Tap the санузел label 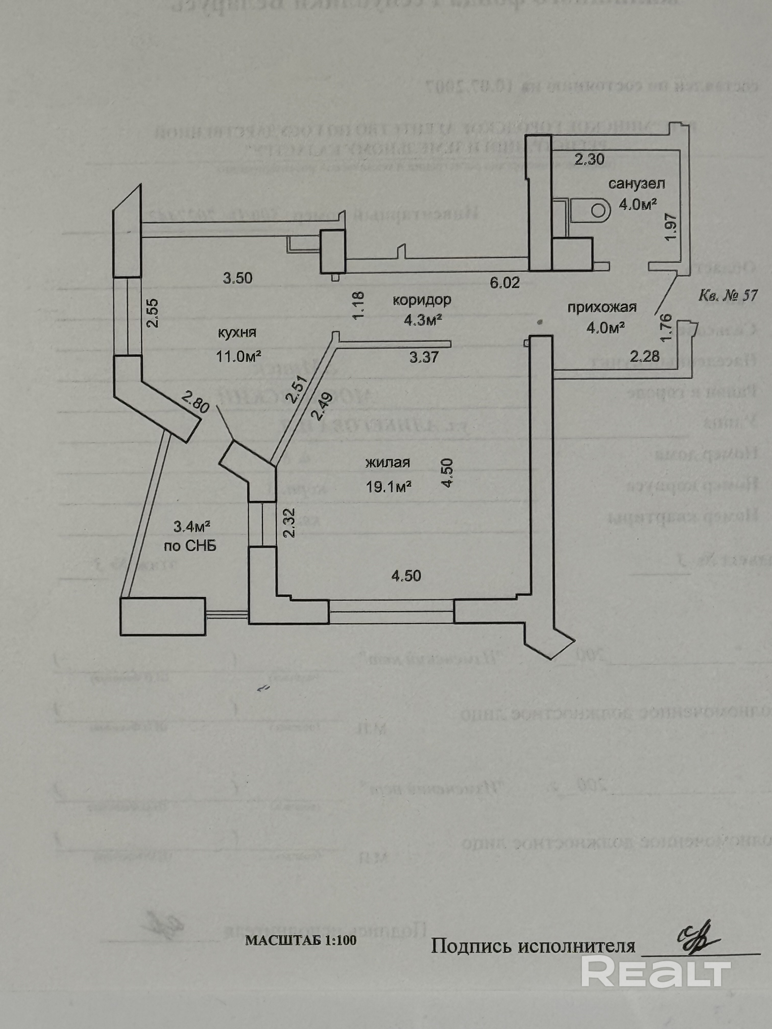(x=637, y=184)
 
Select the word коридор (x=421, y=300)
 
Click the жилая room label (x=387, y=463)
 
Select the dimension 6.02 (x=504, y=282)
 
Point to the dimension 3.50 (x=237, y=278)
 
